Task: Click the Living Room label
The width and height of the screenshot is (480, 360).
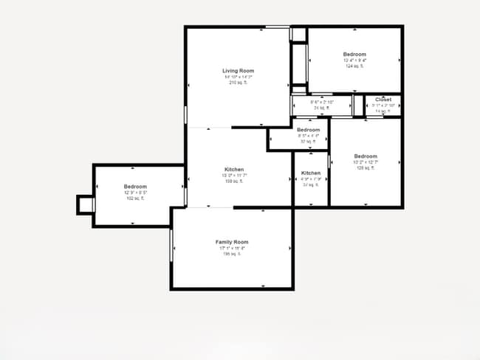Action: [x=238, y=71]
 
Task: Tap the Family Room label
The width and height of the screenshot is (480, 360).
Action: [x=232, y=242]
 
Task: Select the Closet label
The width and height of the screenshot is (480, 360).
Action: [x=383, y=100]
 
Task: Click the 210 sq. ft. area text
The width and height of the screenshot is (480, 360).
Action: [x=238, y=83]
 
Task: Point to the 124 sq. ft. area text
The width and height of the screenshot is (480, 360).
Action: [x=354, y=66]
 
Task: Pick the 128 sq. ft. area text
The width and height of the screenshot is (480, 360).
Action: [x=366, y=168]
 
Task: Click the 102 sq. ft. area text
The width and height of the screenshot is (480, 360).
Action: [x=135, y=198]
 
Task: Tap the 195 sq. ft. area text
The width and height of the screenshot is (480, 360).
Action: [x=232, y=254]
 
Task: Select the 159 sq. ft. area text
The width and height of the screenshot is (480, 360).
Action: [x=233, y=181]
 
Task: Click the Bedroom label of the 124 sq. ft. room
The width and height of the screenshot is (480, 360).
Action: [x=354, y=55]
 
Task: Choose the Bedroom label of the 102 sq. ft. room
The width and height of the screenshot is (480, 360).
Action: [x=135, y=187]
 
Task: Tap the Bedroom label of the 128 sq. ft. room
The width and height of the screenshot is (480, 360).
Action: [x=366, y=156]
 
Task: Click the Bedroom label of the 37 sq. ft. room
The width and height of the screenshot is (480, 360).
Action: [x=309, y=130]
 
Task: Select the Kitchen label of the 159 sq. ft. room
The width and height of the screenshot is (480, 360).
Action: [x=233, y=170]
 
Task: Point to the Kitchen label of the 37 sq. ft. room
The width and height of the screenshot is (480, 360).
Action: [x=311, y=173]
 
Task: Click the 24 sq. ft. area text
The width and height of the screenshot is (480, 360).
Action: [x=319, y=108]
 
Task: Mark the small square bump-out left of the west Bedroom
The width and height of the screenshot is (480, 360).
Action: [x=86, y=204]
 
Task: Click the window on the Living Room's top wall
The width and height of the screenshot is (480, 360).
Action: [x=277, y=27]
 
